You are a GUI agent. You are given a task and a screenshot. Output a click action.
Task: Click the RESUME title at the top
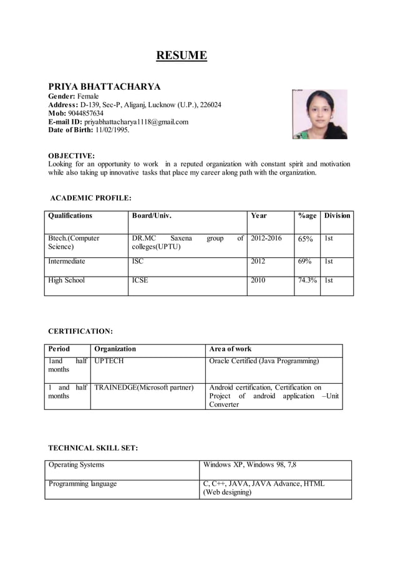(x=181, y=55)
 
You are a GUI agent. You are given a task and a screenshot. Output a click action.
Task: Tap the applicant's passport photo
(x=319, y=114)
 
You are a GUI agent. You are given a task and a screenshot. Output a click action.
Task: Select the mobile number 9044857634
(x=85, y=113)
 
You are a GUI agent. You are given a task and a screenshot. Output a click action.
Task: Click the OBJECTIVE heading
(x=72, y=155)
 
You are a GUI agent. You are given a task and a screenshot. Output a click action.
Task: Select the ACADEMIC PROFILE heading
(x=90, y=198)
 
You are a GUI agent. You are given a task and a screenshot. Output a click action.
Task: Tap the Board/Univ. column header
(x=152, y=216)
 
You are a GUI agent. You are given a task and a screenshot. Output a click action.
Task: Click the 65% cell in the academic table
(x=305, y=239)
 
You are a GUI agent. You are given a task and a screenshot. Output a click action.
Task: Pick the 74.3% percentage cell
(x=307, y=280)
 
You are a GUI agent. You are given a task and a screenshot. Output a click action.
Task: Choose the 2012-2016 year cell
(x=266, y=238)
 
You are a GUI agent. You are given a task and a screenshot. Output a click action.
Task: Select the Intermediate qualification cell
(x=67, y=262)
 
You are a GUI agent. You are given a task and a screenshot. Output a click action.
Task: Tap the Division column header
(x=337, y=216)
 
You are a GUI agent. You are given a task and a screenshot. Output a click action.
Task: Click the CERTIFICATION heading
(x=80, y=331)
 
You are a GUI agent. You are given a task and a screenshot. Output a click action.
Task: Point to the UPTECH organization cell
(x=109, y=361)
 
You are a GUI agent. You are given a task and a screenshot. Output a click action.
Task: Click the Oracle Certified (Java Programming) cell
(x=264, y=361)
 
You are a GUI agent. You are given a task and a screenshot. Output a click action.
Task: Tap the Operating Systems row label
(x=77, y=465)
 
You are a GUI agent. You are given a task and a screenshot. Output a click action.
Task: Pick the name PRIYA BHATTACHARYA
(x=104, y=87)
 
